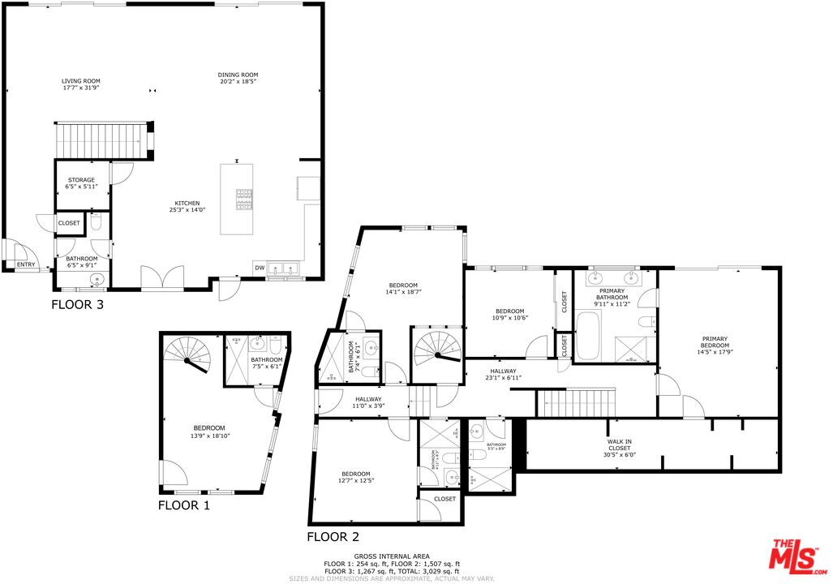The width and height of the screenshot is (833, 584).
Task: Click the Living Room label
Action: coord(81,81)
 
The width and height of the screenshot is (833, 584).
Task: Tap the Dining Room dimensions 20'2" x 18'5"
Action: coord(238,82)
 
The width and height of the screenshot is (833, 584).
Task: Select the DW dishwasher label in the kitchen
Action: coord(260,268)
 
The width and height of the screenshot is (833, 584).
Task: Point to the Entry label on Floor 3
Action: coord(26,264)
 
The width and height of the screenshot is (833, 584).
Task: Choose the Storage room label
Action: coord(81,180)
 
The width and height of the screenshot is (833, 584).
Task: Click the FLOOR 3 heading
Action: coord(77,305)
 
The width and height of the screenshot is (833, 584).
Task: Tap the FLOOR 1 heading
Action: coord(183,505)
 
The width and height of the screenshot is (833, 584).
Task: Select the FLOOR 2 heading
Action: coord(333,537)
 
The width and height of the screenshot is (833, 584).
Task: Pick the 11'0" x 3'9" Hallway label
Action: coord(367,402)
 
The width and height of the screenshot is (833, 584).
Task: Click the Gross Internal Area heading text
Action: coord(392,556)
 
